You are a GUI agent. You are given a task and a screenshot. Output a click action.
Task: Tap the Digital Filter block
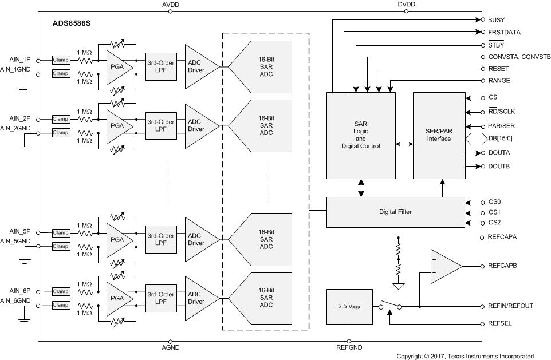[395, 212]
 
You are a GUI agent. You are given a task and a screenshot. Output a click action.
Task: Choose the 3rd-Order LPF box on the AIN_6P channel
[161, 298]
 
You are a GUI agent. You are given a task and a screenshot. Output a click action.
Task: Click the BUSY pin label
[496, 20]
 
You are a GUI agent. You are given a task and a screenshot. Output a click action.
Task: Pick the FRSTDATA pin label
[504, 32]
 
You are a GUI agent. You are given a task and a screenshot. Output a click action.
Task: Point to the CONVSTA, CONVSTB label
[519, 57]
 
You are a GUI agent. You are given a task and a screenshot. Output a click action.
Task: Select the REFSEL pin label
[500, 323]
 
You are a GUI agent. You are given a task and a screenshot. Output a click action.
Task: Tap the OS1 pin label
[494, 212]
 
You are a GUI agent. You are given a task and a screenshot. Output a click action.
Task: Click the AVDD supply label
[170, 5]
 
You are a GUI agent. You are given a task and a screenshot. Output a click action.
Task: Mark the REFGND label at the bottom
[348, 347]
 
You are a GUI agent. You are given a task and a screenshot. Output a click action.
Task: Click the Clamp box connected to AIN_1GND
[60, 73]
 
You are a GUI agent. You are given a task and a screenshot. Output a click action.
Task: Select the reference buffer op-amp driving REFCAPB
[444, 267]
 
